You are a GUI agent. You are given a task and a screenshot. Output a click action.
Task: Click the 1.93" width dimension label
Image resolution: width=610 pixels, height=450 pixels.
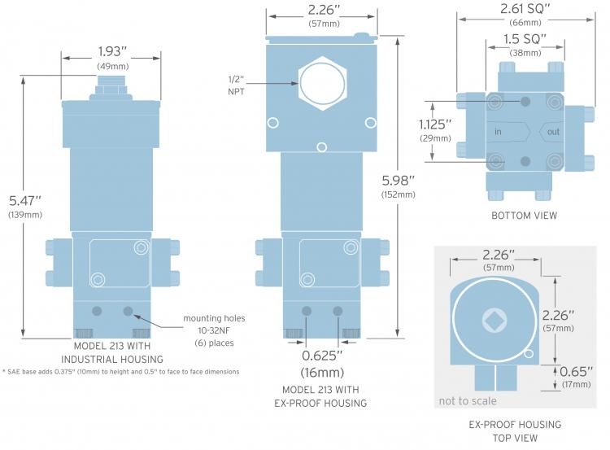pos(112,51)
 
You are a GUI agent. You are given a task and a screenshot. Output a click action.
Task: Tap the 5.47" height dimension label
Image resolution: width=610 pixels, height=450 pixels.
pos(25,201)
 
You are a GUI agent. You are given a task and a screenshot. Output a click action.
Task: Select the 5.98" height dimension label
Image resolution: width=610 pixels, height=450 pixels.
pos(398,181)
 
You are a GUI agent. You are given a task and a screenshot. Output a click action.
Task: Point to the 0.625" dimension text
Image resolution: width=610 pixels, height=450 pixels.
pos(322,356)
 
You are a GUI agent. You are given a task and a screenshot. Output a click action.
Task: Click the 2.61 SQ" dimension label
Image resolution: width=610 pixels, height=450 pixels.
pos(525,9)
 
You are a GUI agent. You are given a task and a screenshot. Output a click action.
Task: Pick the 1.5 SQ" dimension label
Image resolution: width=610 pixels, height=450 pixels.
pos(525,39)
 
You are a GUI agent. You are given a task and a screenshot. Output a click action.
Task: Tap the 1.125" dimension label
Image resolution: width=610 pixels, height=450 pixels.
pos(435,125)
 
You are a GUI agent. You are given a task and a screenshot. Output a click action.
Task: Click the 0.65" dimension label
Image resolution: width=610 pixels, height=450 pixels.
pos(576,371)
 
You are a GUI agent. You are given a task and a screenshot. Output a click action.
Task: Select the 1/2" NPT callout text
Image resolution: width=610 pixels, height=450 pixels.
pos(236,85)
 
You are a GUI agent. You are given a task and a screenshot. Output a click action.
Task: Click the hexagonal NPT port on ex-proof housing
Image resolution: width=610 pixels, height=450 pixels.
pos(322,83)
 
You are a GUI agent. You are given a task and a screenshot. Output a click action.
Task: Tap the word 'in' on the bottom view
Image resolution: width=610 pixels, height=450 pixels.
pos(498,132)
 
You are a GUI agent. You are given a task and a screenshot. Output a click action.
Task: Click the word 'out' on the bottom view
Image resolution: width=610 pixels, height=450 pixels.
pos(553,132)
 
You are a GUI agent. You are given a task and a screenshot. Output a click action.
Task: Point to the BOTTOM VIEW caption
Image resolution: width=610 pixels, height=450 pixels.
pos(524,216)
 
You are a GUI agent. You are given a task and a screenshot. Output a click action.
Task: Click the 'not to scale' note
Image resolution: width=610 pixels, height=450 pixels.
pos(468,401)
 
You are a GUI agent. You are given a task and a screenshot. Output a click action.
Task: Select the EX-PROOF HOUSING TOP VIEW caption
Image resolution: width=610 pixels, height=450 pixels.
pos(515,431)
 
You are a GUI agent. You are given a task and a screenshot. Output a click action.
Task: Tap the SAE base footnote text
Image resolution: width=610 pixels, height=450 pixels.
pos(121,372)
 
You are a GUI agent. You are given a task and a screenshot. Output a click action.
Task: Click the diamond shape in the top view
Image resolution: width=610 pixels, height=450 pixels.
pos(494,321)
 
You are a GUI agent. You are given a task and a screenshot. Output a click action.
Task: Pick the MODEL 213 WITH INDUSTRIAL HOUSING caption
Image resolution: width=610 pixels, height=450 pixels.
pos(112,352)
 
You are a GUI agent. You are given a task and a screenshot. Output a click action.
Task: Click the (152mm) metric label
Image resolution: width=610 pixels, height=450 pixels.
pos(398,194)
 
